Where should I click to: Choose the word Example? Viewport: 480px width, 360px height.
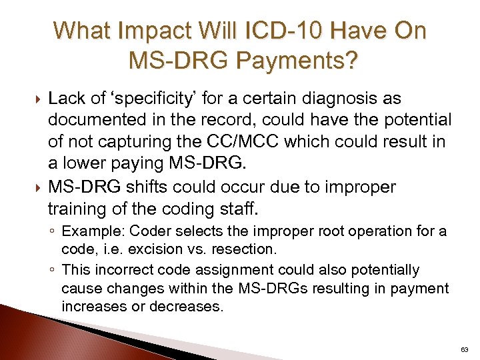92,231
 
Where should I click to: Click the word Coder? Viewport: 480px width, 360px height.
149,231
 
